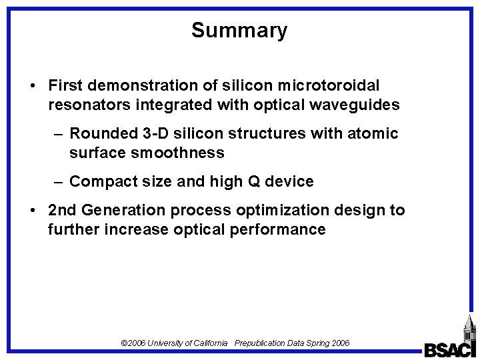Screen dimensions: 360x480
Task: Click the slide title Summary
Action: pos(239,30)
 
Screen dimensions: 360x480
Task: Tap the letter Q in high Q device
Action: pos(255,181)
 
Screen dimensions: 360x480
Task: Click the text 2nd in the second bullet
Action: pos(63,211)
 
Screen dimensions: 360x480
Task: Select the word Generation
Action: pos(127,211)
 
